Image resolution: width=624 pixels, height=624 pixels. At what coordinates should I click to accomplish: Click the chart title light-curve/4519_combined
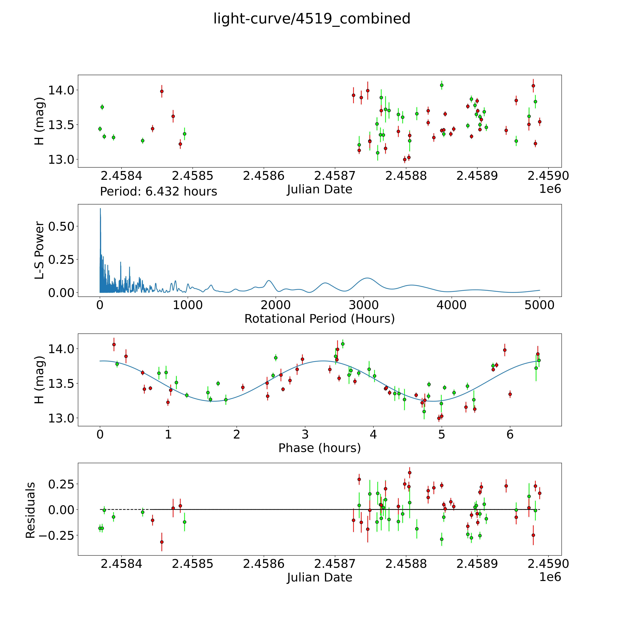pyautogui.click(x=312, y=19)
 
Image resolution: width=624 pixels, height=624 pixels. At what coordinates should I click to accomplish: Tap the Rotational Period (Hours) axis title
pyautogui.click(x=319, y=319)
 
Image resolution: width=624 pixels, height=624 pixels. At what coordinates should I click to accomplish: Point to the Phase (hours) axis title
pyautogui.click(x=319, y=448)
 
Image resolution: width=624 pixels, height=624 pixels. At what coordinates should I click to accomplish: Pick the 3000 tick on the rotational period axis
pyautogui.click(x=364, y=305)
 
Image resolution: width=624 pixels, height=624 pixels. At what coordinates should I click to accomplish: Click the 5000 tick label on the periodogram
pyautogui.click(x=539, y=305)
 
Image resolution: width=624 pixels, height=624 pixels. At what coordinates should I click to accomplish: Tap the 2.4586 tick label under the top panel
pyautogui.click(x=264, y=176)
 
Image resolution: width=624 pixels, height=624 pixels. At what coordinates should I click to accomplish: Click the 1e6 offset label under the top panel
pyautogui.click(x=550, y=189)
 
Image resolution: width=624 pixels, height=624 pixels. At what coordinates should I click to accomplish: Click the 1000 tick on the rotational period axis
pyautogui.click(x=188, y=305)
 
